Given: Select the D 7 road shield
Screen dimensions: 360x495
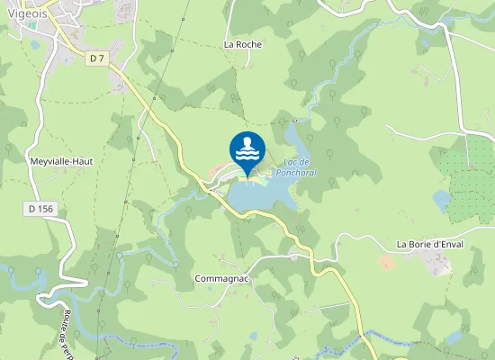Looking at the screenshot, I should click(97, 58).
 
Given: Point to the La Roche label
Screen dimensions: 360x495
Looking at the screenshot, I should click(242, 42).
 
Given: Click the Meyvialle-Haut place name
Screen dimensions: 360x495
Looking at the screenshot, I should click(62, 160).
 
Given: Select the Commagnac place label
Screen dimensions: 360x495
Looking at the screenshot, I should click(221, 279).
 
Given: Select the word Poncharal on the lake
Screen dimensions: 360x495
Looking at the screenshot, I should click(297, 172).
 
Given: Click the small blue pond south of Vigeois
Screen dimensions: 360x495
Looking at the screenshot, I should click(35, 43).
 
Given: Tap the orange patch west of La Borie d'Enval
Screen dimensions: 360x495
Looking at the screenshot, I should click(387, 261).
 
